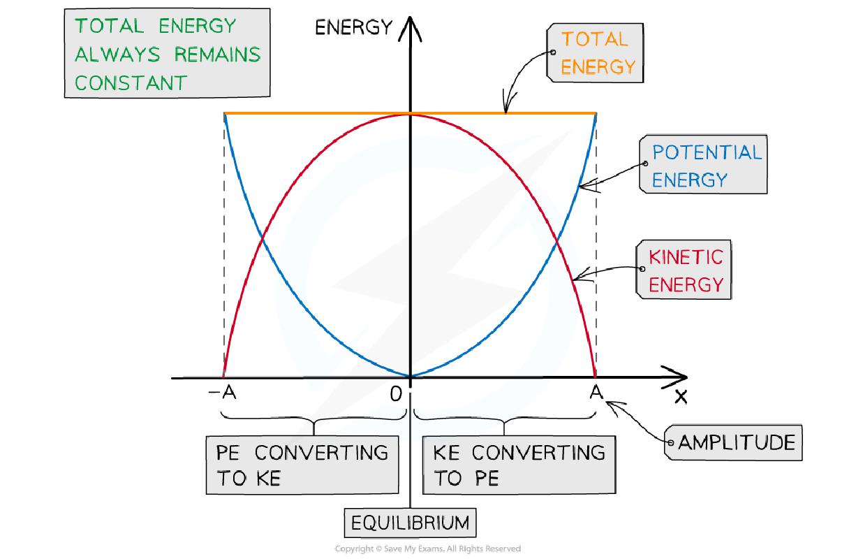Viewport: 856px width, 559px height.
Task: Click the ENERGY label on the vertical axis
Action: click(x=353, y=28)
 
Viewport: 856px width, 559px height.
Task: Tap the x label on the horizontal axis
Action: click(x=681, y=397)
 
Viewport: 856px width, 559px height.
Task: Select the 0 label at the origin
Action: click(x=397, y=395)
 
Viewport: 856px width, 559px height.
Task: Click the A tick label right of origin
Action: click(x=596, y=393)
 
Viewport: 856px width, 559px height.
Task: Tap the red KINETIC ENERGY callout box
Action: click(x=686, y=270)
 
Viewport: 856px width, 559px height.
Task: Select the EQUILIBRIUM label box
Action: click(x=410, y=523)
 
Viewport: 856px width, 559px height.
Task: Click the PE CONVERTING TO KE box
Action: click(x=302, y=465)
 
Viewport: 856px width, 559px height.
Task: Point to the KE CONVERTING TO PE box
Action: click(x=518, y=465)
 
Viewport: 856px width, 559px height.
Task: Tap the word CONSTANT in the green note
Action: click(x=131, y=82)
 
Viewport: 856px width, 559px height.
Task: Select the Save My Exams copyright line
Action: click(x=428, y=549)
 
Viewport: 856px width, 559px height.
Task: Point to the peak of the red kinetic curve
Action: click(x=411, y=114)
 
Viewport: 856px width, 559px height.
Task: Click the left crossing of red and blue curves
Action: click(x=263, y=240)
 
